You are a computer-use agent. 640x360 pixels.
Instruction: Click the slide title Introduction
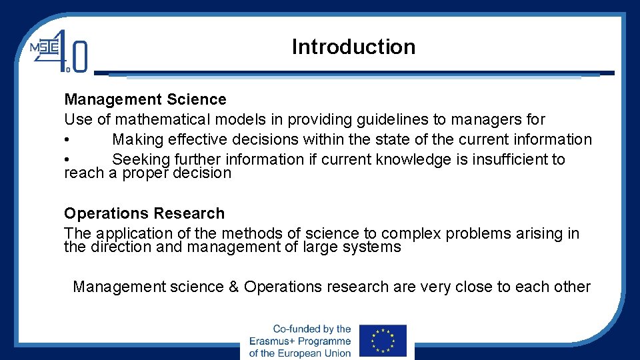pyautogui.click(x=353, y=47)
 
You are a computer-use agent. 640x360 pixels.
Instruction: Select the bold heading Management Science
pyautogui.click(x=145, y=99)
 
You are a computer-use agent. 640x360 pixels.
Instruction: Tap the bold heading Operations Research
pyautogui.click(x=144, y=213)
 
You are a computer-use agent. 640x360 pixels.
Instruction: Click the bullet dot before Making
pyautogui.click(x=67, y=140)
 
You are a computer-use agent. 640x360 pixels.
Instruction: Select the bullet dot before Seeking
pyautogui.click(x=67, y=160)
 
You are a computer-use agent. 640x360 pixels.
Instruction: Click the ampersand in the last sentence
pyautogui.click(x=233, y=287)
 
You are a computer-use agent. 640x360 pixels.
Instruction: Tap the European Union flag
pyautogui.click(x=382, y=341)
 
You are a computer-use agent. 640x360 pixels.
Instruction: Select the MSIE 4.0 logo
pyautogui.click(x=59, y=50)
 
